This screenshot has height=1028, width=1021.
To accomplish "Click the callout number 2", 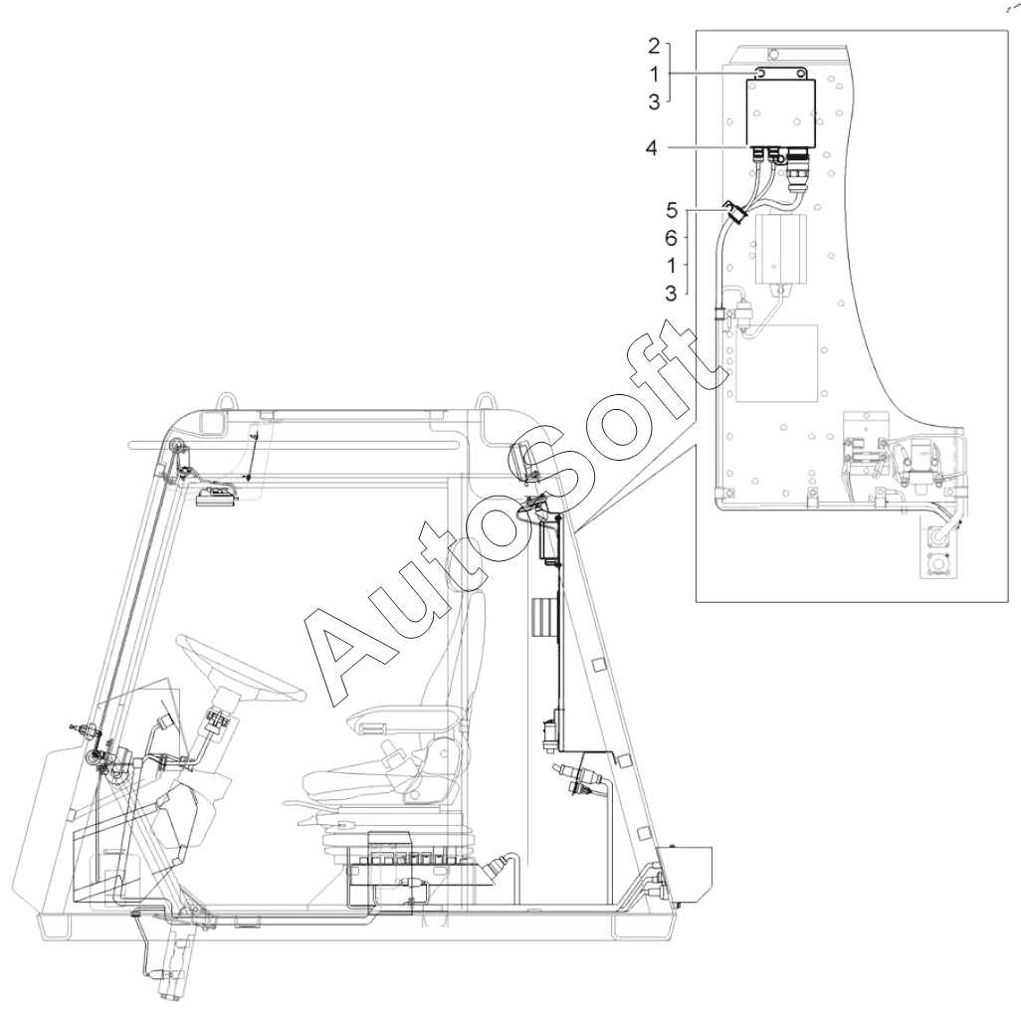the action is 654,46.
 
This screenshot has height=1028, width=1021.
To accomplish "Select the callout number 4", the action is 651,148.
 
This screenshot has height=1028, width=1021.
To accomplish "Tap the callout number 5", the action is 672,210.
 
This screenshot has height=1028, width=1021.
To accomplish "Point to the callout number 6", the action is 671,238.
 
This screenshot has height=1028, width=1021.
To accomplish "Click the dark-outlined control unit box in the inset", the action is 781,112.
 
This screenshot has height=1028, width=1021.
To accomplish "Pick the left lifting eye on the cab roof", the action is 226,400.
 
